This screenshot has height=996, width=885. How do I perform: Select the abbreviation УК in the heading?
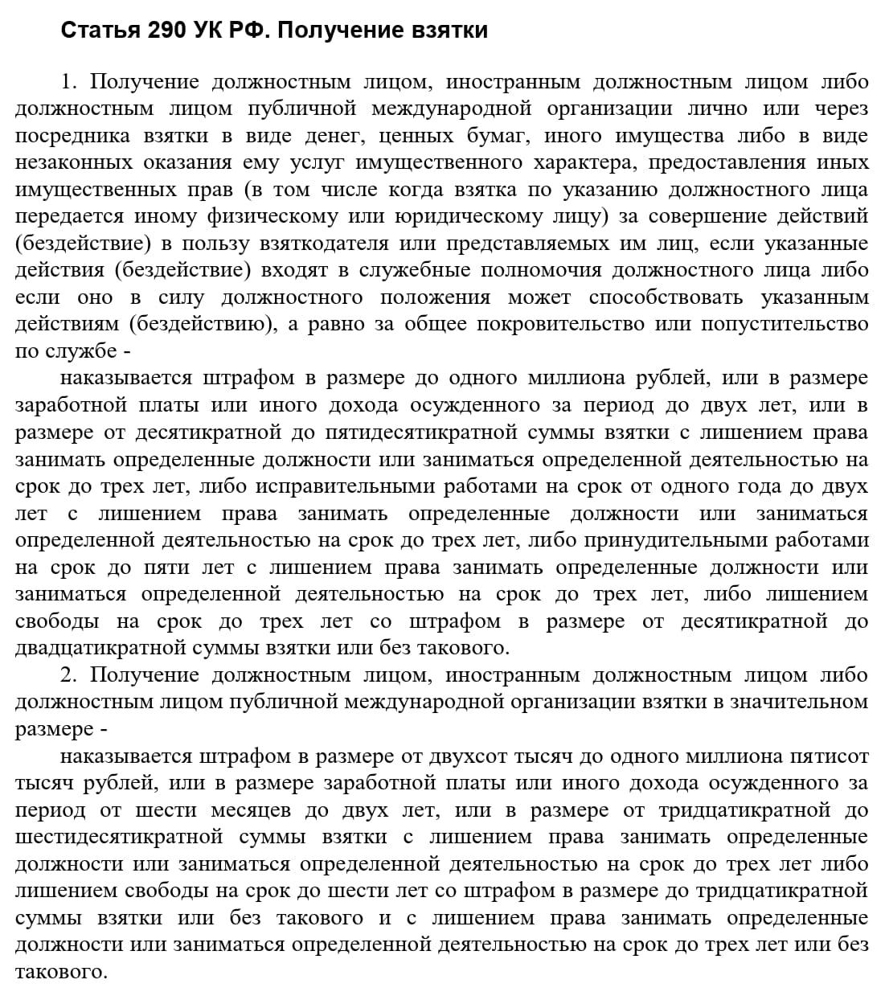coord(211,31)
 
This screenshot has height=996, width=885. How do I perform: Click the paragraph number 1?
coord(68,82)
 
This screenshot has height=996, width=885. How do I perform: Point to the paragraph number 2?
coord(68,675)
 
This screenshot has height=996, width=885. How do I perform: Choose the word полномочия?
coord(536,271)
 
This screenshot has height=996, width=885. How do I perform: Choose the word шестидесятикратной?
coord(119,838)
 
